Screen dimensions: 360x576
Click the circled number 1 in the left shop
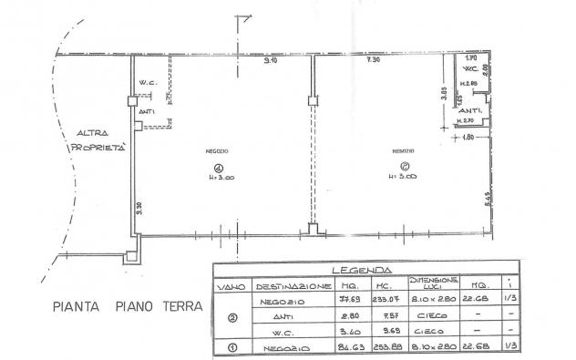(x=218, y=166)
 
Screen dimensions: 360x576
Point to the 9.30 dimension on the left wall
(x=140, y=208)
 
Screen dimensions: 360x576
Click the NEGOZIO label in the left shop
(x=217, y=150)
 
